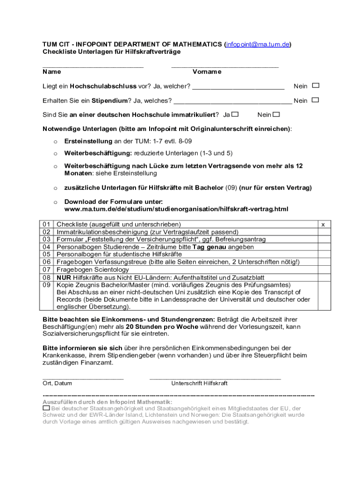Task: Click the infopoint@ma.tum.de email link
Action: pyautogui.click(x=258, y=44)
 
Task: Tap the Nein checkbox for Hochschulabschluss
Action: pyautogui.click(x=316, y=86)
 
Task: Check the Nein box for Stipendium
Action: pyautogui.click(x=316, y=100)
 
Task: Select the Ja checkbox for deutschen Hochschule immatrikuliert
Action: pyautogui.click(x=235, y=115)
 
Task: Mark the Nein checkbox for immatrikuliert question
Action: pyautogui.click(x=276, y=115)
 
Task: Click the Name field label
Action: pyautogui.click(x=51, y=72)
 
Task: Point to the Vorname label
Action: pyautogui.click(x=207, y=72)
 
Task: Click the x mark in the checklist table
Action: pyautogui.click(x=323, y=225)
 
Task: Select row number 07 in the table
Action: pyautogui.click(x=47, y=269)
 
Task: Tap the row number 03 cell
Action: pyautogui.click(x=47, y=239)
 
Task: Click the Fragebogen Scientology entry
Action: pyautogui.click(x=93, y=269)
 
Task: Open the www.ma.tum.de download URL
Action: pyautogui.click(x=176, y=209)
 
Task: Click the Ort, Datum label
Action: pyautogui.click(x=57, y=383)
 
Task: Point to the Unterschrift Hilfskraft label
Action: pyautogui.click(x=199, y=383)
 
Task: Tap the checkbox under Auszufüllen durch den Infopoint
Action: pyautogui.click(x=46, y=408)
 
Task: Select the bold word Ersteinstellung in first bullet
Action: pyautogui.click(x=88, y=141)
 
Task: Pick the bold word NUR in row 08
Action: pyautogui.click(x=64, y=277)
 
